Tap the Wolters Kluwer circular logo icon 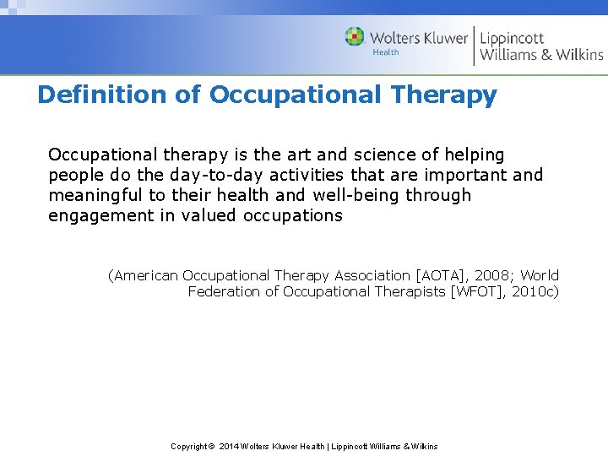click(355, 37)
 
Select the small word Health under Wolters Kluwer click(386, 52)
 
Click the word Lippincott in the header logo click(512, 38)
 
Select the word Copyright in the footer click(188, 446)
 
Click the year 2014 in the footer click(229, 446)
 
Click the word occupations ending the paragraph click(293, 215)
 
